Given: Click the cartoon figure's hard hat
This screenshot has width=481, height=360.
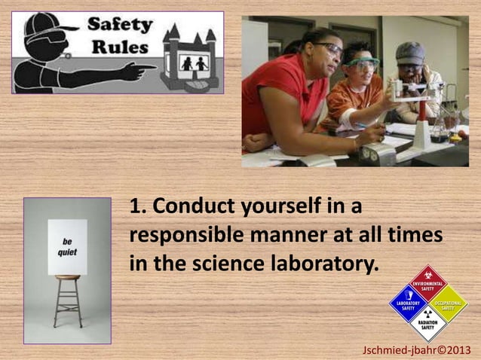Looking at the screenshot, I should coord(42,26).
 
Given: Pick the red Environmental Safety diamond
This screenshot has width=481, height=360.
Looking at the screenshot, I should coord(427,283).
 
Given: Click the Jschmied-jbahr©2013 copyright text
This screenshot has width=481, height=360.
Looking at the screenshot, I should coord(417,350).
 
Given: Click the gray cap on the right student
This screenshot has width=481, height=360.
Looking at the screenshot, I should coord(411,52).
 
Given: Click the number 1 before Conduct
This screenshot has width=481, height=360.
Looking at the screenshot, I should coord(136,206).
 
